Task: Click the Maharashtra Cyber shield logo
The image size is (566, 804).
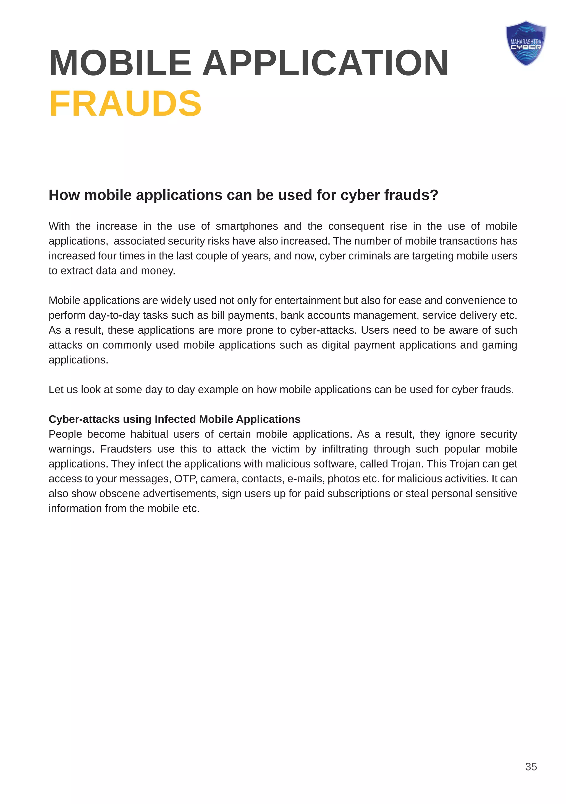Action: click(x=525, y=43)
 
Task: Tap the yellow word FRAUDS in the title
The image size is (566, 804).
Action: click(x=125, y=104)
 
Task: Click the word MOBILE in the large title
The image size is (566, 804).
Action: click(x=120, y=63)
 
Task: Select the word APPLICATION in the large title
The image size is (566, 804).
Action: click(x=325, y=63)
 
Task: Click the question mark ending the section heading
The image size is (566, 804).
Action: click(x=434, y=195)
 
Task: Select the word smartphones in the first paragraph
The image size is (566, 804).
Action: click(x=247, y=226)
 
